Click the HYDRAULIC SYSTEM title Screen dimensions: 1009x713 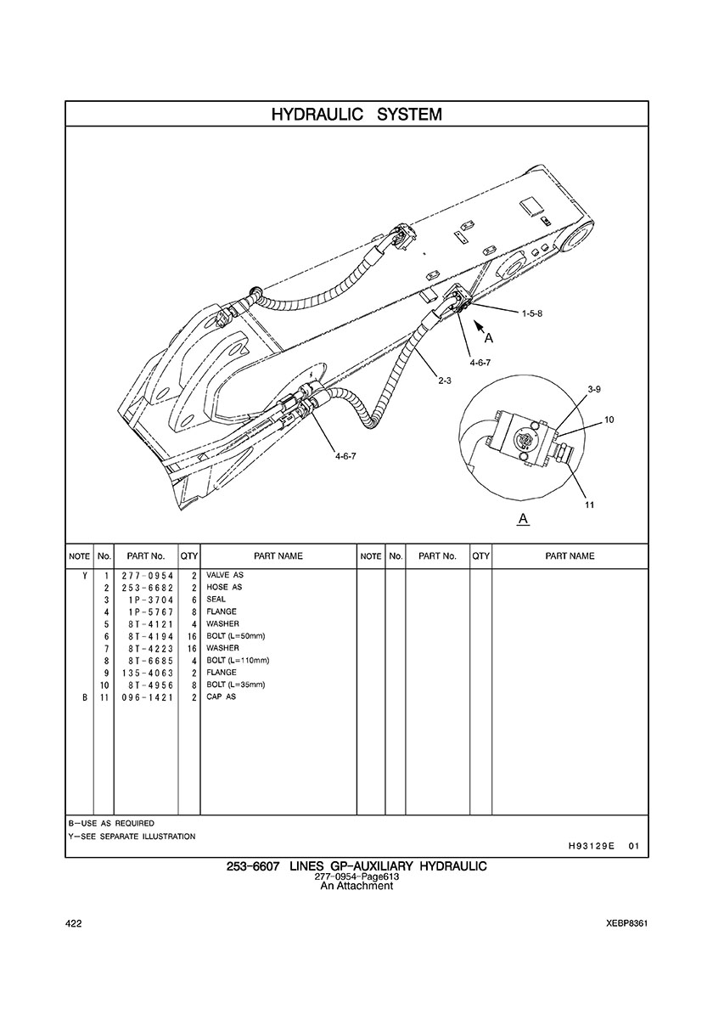[356, 114]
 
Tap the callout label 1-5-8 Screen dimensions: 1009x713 [532, 313]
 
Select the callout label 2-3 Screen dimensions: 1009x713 [444, 380]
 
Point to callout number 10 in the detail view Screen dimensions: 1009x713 [609, 420]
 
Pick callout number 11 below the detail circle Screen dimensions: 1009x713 [588, 504]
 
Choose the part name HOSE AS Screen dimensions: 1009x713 [224, 587]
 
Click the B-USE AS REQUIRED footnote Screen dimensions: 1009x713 [111, 823]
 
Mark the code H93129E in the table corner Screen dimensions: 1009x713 [591, 846]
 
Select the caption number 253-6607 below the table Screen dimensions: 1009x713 [253, 866]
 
